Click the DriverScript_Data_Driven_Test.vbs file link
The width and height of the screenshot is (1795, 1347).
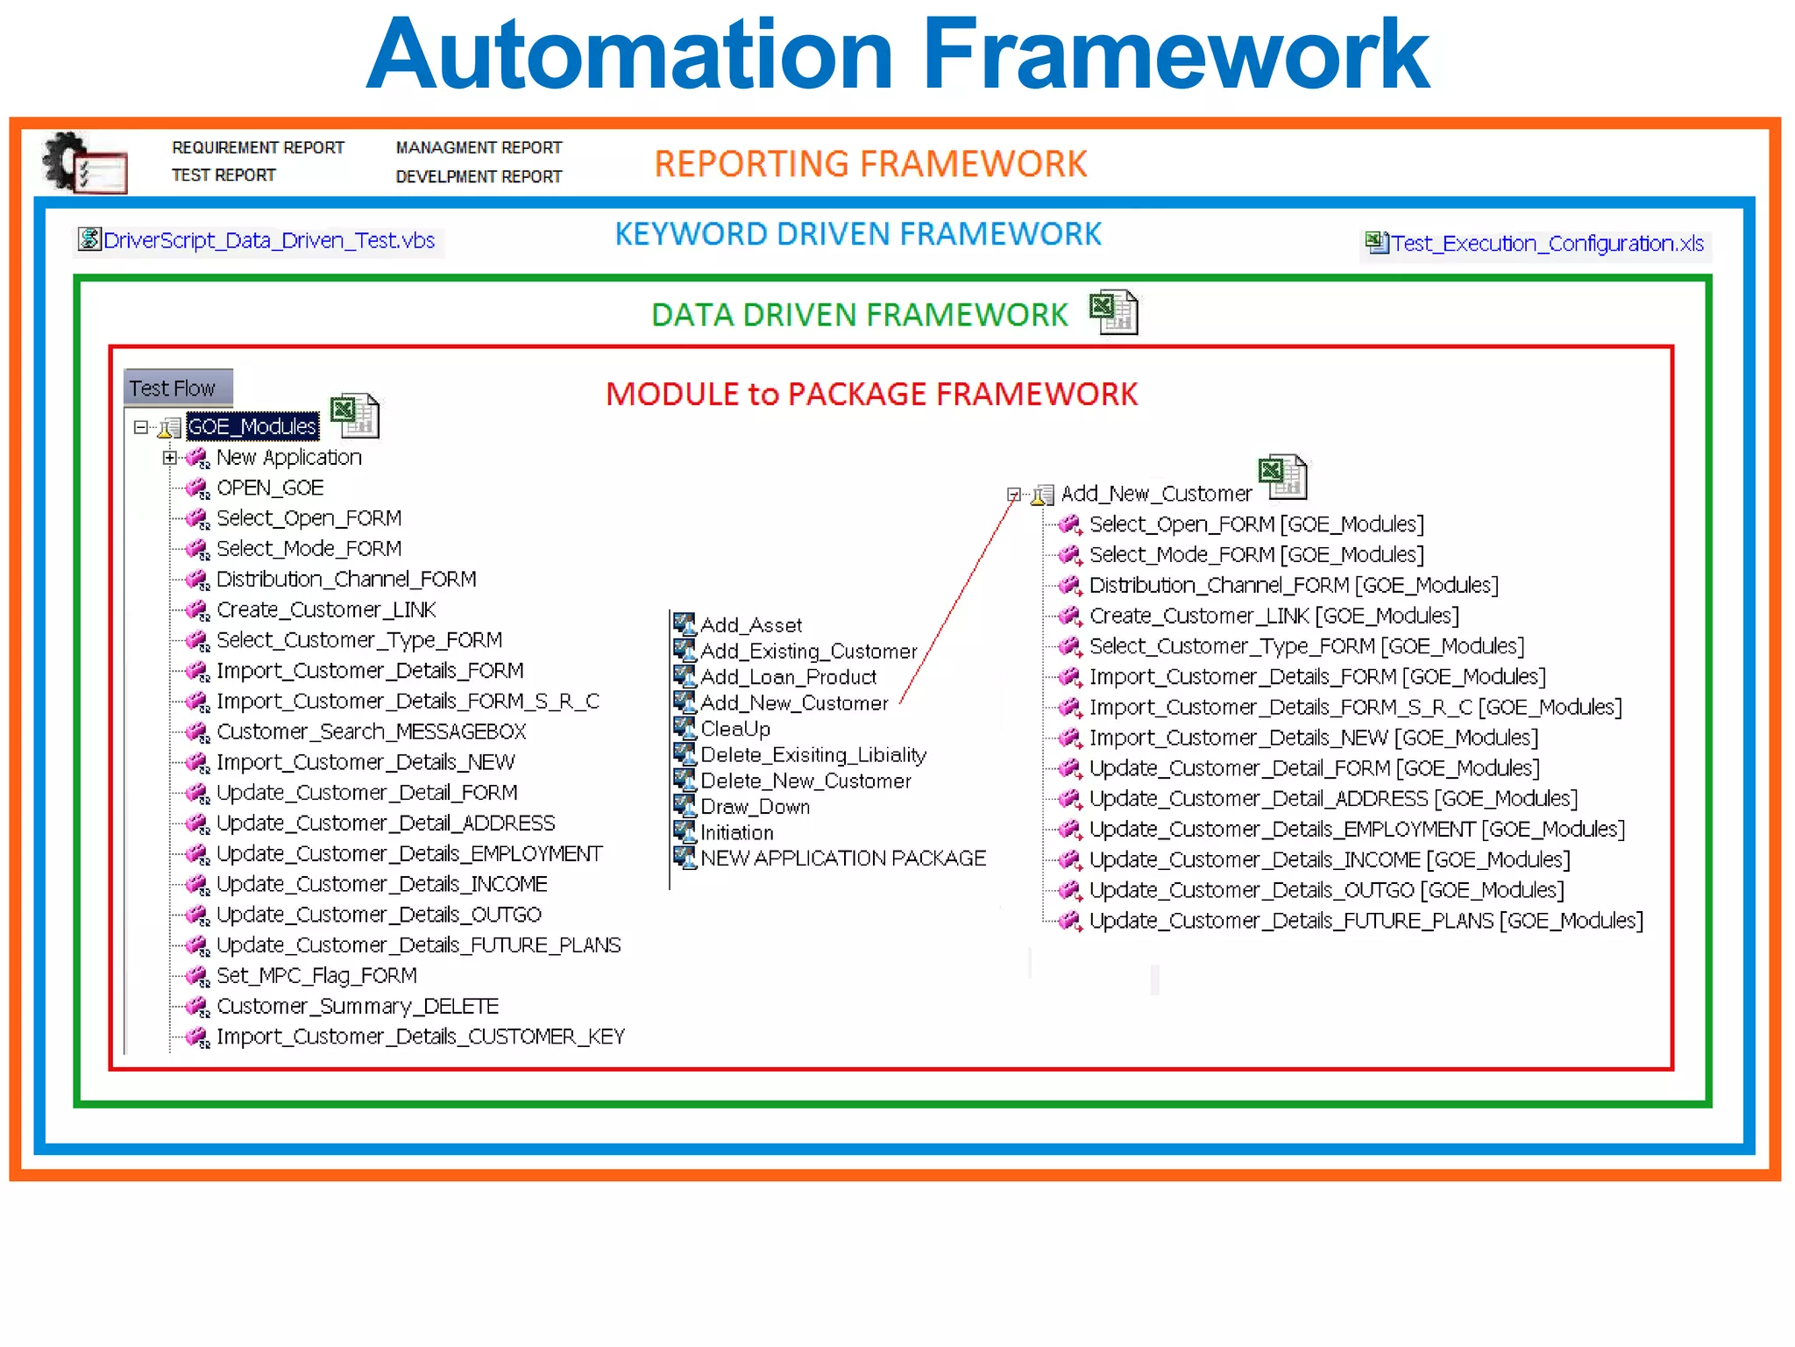pyautogui.click(x=267, y=240)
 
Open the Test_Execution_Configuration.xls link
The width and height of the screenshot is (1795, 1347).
pyautogui.click(x=1546, y=244)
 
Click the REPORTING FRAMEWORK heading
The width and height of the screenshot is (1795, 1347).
pyautogui.click(x=869, y=164)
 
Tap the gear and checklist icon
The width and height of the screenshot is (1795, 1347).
pyautogui.click(x=84, y=163)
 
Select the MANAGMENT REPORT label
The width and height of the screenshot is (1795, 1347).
pyautogui.click(x=479, y=148)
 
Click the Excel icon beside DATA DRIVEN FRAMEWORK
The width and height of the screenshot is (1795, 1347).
pyautogui.click(x=1113, y=313)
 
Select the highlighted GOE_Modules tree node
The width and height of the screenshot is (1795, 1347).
pyautogui.click(x=252, y=427)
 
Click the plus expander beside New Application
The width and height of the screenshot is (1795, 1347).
pyautogui.click(x=170, y=458)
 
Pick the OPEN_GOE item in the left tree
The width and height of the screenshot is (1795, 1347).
pyautogui.click(x=269, y=488)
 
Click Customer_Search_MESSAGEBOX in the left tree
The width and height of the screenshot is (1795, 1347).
pyautogui.click(x=371, y=731)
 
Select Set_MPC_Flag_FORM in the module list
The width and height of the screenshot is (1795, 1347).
pyautogui.click(x=316, y=975)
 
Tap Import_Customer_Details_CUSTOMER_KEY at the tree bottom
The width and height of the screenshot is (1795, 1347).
pyautogui.click(x=420, y=1037)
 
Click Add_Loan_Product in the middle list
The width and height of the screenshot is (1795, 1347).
pyautogui.click(x=787, y=677)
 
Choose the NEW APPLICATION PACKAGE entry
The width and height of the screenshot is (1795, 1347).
pyautogui.click(x=842, y=859)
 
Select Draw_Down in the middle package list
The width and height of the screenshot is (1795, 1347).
pyautogui.click(x=755, y=807)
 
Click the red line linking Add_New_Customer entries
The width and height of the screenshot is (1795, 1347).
pyautogui.click(x=957, y=601)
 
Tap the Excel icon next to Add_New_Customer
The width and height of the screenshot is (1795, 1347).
pyautogui.click(x=1282, y=477)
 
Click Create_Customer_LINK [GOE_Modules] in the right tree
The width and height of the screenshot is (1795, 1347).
pyautogui.click(x=1273, y=616)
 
